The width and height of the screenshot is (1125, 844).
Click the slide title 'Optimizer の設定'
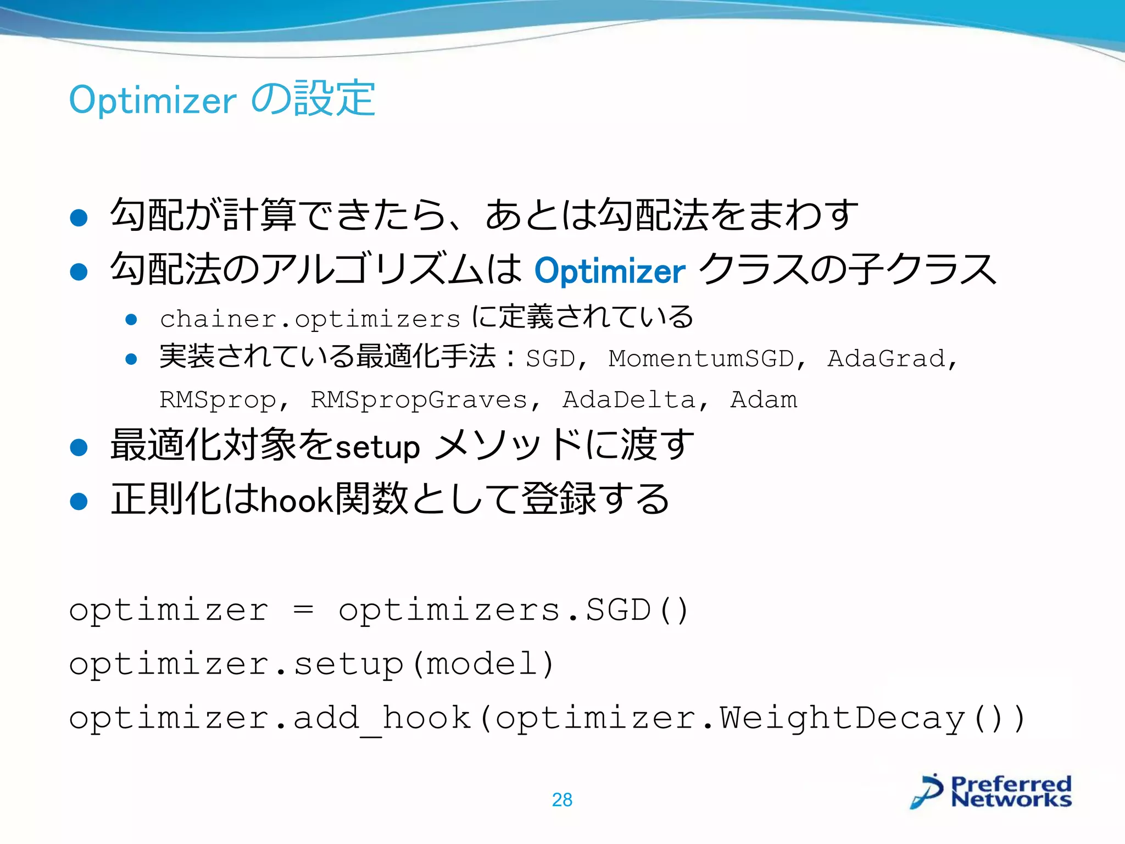coord(222,99)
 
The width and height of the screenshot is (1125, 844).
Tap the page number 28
coord(562,800)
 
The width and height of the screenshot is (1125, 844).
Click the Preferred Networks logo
coord(991,792)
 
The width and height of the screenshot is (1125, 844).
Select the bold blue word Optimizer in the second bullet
coord(610,271)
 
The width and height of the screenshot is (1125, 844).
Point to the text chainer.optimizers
coord(310,319)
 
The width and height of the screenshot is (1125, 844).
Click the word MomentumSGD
coord(701,359)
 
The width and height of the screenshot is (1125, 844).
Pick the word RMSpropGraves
coord(419,400)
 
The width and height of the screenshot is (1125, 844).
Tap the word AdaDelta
coord(629,400)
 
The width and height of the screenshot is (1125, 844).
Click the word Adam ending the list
coord(764,400)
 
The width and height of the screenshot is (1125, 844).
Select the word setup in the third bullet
coord(377,447)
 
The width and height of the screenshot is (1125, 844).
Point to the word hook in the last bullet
coord(296,501)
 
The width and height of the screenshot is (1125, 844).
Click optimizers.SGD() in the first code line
coord(514,610)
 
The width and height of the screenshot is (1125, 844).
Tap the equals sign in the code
coord(303,610)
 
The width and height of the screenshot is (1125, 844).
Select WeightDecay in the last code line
coord(842,718)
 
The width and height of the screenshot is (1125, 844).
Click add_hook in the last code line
coord(382,718)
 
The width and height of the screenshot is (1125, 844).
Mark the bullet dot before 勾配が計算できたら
coord(79,218)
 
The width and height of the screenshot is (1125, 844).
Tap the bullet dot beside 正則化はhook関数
coord(79,501)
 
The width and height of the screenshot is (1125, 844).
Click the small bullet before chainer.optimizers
coord(131,320)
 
